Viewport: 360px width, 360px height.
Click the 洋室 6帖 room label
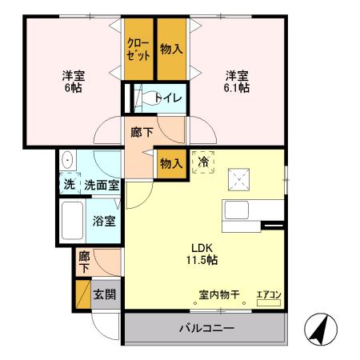[x=74, y=82]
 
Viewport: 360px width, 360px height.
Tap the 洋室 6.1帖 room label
[x=236, y=82]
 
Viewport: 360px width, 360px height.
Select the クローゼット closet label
[x=138, y=50]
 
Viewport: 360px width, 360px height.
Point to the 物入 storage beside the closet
[x=170, y=50]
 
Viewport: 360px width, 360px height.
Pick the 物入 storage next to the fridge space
[x=170, y=163]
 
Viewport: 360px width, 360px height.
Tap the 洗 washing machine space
[x=69, y=184]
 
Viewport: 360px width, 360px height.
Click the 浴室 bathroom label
[x=102, y=220]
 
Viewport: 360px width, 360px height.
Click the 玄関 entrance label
[x=105, y=294]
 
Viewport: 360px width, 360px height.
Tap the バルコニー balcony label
[x=205, y=329]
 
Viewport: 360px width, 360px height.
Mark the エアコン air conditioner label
[x=269, y=294]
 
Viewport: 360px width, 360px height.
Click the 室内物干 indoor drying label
[x=219, y=294]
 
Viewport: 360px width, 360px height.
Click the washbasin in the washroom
[x=67, y=158]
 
